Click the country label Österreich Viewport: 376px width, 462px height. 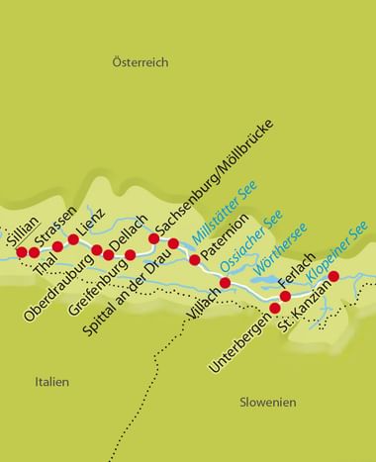[139, 62]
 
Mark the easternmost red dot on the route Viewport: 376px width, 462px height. [333, 276]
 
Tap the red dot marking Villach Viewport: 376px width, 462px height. [225, 284]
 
